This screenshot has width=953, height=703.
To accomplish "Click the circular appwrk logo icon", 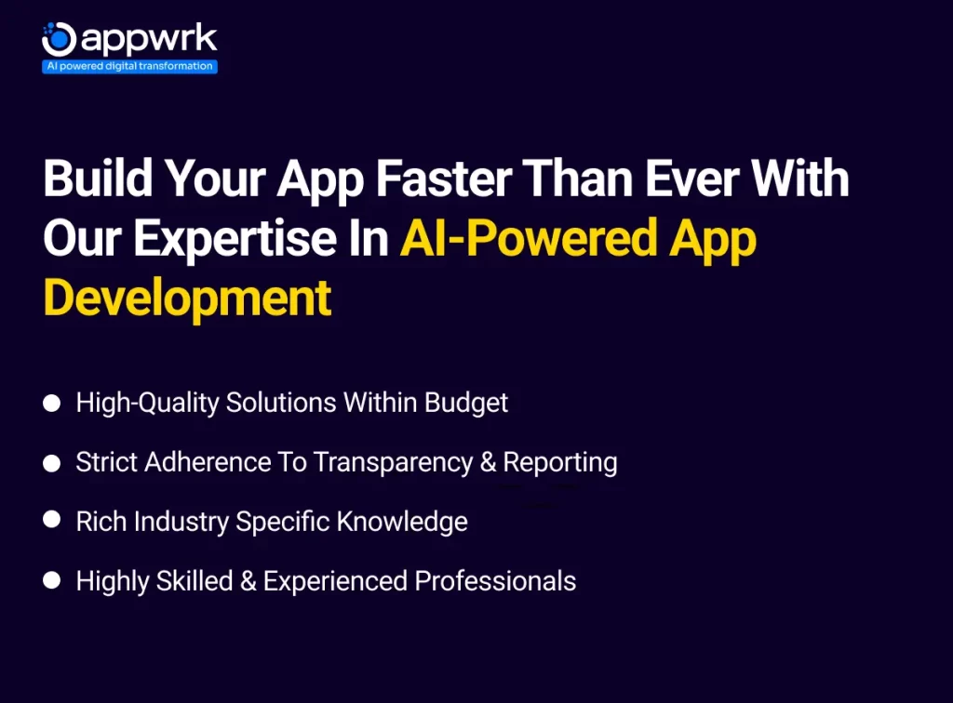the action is coord(59,39).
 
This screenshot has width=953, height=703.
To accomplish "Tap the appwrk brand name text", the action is coord(149,39).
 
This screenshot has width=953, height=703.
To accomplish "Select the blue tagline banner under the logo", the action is coord(129,66).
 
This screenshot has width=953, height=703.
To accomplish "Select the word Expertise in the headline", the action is coord(235,239).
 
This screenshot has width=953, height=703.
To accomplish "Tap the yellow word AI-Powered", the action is coord(529,237).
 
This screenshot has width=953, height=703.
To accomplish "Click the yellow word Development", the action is coord(187,298).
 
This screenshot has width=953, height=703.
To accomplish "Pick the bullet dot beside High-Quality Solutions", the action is coord(52,403).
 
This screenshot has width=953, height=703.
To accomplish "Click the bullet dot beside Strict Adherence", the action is coord(52,463).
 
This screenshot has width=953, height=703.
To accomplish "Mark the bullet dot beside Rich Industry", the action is coord(52,520).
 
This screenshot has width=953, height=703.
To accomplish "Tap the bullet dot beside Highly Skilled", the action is coord(52,580).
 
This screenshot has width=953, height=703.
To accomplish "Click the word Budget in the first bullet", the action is coord(465,403).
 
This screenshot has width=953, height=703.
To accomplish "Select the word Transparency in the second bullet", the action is coord(393,462).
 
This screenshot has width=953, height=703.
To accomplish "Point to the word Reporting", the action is coord(559,462).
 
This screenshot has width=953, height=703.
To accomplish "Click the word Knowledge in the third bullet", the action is coord(402,522).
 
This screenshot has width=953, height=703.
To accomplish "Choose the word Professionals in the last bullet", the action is coord(495,581).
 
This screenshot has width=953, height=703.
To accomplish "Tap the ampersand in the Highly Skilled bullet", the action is coord(248,581).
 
